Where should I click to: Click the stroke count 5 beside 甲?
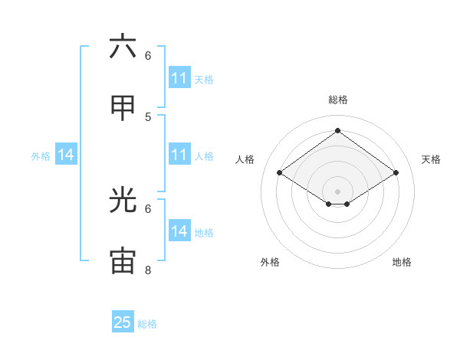148,116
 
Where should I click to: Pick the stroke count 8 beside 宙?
148,270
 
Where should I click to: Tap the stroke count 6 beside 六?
148,55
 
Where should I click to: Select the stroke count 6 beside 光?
148,208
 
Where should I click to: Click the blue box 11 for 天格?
179,78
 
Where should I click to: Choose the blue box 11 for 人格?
179,155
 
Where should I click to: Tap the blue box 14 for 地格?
179,231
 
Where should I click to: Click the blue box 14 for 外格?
66,155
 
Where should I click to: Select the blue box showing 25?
123,322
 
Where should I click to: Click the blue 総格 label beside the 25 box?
147,324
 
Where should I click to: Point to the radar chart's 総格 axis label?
338,100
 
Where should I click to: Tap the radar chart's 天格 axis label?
431,159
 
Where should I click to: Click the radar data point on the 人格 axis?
280,173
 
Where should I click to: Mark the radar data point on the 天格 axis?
396,173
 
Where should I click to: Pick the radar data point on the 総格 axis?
338,131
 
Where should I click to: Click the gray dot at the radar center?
338,191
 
